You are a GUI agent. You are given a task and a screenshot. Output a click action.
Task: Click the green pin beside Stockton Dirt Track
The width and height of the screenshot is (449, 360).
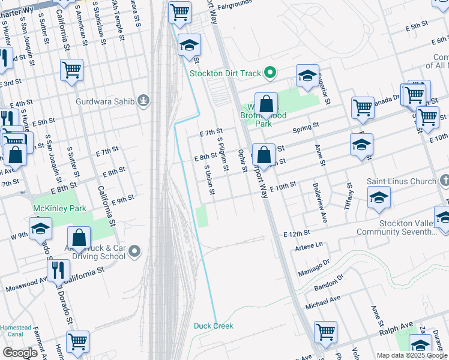(x=270, y=73)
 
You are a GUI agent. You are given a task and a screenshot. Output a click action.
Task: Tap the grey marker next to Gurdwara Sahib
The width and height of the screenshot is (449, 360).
(x=143, y=100)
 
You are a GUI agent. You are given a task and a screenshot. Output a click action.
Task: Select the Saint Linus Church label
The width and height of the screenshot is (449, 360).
(x=405, y=181)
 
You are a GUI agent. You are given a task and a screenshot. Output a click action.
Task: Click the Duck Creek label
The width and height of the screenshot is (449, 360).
(x=213, y=326)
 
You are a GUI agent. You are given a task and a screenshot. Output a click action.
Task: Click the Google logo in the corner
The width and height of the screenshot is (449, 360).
(x=20, y=353)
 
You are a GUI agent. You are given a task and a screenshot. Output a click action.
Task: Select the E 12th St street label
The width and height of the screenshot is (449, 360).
(x=297, y=232)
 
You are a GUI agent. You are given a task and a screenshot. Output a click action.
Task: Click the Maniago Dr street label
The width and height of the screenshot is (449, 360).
(x=318, y=263)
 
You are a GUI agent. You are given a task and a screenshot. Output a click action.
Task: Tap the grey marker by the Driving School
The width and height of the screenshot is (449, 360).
(x=134, y=251)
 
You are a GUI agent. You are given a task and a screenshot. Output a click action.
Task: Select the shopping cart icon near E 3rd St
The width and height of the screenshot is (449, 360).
(x=71, y=70)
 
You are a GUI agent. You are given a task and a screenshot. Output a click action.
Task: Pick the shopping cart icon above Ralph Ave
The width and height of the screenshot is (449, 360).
(x=325, y=331)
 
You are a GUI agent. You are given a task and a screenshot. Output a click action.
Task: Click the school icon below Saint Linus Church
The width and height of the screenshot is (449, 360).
(x=379, y=197)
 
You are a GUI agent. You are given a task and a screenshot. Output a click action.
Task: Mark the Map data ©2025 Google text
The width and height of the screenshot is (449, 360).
(x=412, y=355)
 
